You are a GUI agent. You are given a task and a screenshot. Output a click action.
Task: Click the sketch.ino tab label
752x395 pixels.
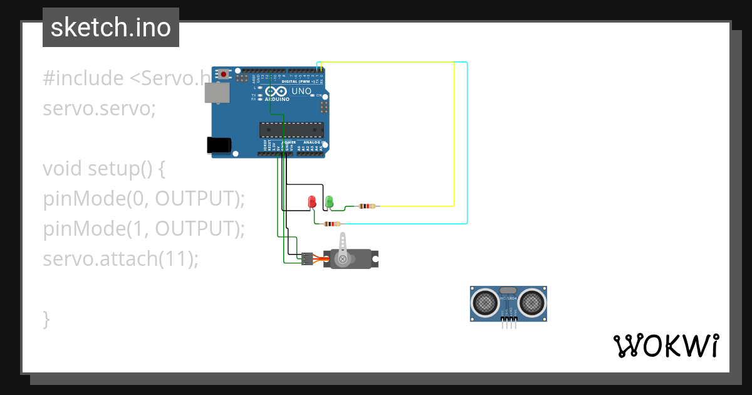point(110,28)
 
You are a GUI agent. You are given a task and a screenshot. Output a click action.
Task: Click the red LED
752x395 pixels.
point(312,202)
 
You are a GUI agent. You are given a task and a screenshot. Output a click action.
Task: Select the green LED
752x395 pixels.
point(329,202)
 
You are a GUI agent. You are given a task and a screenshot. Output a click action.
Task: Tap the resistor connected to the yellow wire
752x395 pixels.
point(367,206)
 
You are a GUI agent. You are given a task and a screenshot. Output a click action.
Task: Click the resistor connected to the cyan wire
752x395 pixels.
point(332,223)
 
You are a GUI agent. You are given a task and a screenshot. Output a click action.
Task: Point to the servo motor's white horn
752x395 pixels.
point(342,250)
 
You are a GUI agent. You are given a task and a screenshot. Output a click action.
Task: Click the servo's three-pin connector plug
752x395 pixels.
point(306,258)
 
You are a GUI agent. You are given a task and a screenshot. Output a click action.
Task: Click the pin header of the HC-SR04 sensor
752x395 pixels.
point(509,323)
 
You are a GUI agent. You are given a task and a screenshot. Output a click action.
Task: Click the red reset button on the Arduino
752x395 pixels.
point(223,74)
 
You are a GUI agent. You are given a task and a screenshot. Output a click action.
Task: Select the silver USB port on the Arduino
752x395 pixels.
point(217,93)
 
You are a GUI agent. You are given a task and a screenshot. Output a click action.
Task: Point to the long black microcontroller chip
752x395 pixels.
point(292,130)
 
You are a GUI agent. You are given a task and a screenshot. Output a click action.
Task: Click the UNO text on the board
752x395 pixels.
point(301,91)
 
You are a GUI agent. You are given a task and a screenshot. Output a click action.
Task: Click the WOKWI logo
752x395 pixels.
point(666,346)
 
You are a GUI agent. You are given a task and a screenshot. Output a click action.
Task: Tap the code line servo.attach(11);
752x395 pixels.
point(120,258)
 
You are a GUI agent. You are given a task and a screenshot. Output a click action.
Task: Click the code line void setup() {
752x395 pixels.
point(104,169)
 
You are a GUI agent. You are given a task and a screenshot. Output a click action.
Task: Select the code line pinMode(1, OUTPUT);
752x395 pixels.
point(144,229)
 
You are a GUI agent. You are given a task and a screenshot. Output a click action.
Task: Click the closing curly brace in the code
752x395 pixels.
point(46,318)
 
